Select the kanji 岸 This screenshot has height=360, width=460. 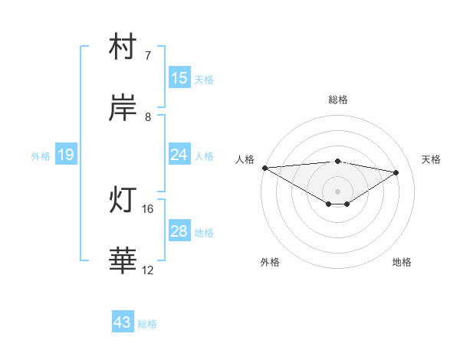123,109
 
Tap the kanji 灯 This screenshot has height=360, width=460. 123,201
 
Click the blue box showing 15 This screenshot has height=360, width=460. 179,78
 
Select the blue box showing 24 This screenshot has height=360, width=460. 179,155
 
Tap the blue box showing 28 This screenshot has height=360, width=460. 179,231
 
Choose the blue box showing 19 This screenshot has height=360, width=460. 66,155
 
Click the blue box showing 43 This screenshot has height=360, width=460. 123,322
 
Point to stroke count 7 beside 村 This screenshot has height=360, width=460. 148,56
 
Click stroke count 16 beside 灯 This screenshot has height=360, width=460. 148,208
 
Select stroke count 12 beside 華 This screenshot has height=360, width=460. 148,270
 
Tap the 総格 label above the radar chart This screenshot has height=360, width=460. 338,100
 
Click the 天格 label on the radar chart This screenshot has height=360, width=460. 432,159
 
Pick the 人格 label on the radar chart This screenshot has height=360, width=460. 245,159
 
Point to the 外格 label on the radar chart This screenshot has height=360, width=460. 270,263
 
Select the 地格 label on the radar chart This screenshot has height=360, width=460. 402,263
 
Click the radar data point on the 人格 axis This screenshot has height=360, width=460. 264,168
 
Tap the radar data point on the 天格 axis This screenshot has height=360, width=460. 396,172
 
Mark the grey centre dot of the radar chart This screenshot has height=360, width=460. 338,191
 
